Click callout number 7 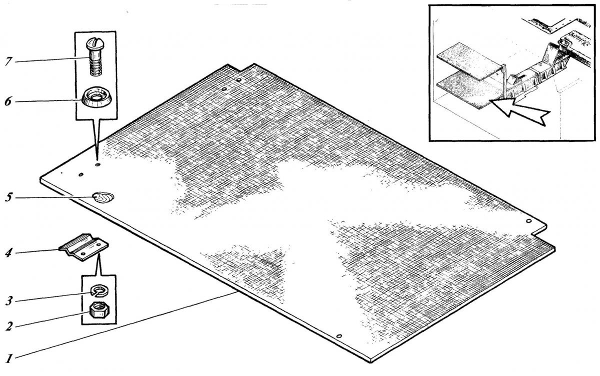(8, 61)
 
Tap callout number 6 (8, 101)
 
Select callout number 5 (8, 197)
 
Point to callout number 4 (8, 253)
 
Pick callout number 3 (9, 301)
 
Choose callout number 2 (9, 326)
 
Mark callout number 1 (9, 358)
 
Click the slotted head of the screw (95, 44)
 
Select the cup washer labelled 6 (96, 96)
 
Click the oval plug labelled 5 (103, 198)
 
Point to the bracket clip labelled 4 (83, 247)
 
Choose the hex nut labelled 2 (99, 310)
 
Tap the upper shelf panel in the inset (469, 61)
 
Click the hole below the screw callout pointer (97, 164)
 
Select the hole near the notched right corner (529, 221)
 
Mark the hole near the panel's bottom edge (339, 336)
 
